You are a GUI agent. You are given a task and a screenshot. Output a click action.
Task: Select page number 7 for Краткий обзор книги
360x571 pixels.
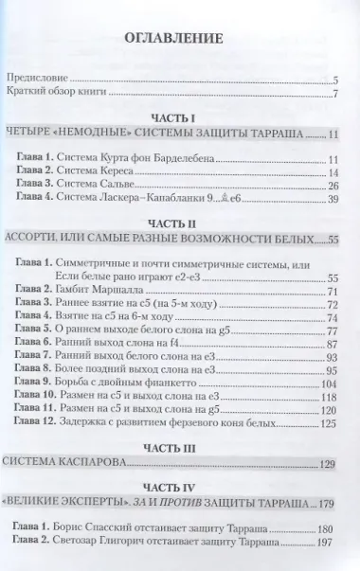pos(336,97)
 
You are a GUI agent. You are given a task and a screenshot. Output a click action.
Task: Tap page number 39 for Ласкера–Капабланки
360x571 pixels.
pos(333,202)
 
